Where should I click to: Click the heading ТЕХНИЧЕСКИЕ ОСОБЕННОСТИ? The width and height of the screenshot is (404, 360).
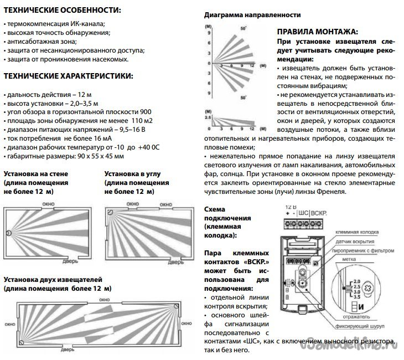[x=61, y=11]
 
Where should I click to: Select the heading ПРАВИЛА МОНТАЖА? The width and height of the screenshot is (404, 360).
[x=317, y=33]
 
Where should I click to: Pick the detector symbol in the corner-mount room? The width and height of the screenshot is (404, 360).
[x=110, y=212]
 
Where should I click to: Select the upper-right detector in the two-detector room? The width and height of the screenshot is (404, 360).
[x=176, y=306]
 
